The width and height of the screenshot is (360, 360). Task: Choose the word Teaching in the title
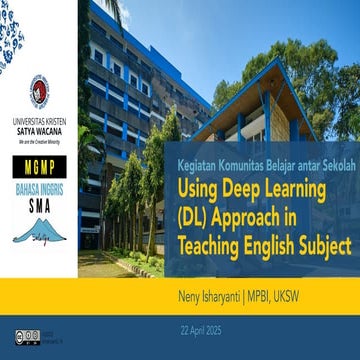tap(215, 242)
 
